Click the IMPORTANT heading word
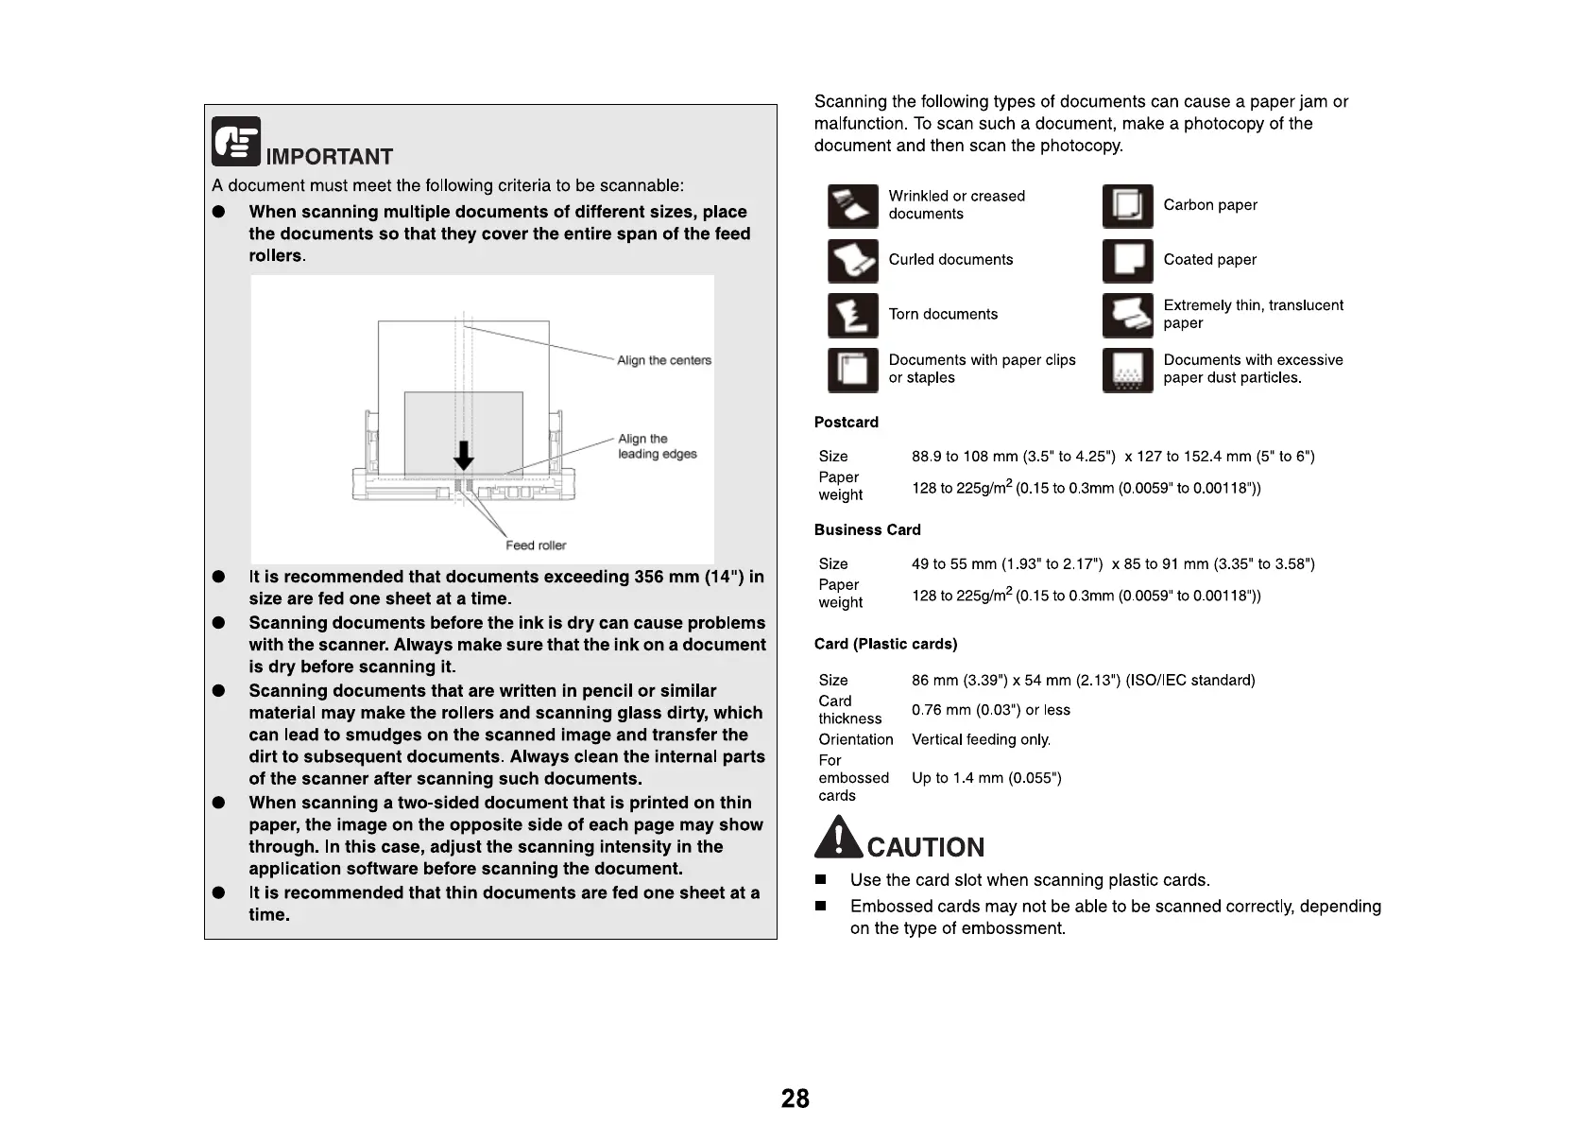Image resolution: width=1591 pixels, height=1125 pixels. click(x=329, y=157)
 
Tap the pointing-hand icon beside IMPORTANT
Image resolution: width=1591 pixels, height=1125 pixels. click(x=235, y=141)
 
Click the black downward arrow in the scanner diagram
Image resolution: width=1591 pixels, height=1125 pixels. click(x=463, y=454)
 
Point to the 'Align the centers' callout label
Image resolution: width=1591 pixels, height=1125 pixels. click(x=663, y=360)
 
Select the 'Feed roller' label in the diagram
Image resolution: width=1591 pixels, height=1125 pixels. click(x=536, y=545)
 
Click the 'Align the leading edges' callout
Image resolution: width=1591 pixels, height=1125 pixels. click(x=657, y=446)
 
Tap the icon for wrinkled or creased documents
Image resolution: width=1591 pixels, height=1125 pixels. click(x=852, y=206)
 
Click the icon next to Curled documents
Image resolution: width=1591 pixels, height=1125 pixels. click(x=852, y=261)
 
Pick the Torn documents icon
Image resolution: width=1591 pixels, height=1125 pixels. click(x=852, y=316)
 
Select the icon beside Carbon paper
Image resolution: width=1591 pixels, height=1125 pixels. click(x=1127, y=206)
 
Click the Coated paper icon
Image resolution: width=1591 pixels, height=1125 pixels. click(x=1127, y=261)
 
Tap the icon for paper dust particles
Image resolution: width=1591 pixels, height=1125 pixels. click(x=1127, y=370)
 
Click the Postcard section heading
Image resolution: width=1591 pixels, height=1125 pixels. click(x=846, y=423)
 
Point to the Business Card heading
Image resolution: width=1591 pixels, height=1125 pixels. click(x=866, y=530)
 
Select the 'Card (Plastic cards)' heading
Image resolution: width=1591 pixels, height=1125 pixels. click(x=885, y=644)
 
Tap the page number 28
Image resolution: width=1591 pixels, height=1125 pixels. click(x=795, y=1099)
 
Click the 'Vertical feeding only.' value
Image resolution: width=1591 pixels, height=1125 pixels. click(x=981, y=739)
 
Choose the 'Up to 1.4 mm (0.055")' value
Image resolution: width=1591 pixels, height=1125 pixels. click(x=986, y=778)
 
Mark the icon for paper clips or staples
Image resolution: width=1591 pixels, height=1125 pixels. click(x=852, y=370)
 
